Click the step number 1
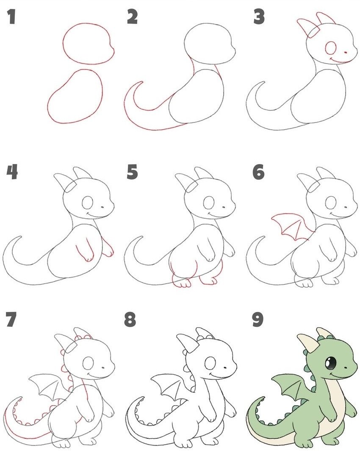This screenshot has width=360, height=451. click(11, 17)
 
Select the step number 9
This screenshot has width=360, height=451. click(258, 320)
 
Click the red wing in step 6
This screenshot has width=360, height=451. click(290, 228)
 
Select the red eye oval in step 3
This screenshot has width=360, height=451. click(331, 48)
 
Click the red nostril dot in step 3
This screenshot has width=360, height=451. click(346, 53)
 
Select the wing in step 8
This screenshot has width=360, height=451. click(169, 388)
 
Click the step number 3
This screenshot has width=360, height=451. click(259, 17)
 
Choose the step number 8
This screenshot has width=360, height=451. click(130, 320)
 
